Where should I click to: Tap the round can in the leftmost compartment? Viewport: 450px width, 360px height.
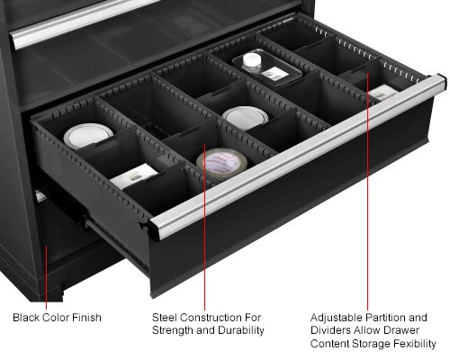(89, 138)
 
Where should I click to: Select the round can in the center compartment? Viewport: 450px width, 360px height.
(241, 117)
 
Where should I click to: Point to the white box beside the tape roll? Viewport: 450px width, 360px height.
(133, 177)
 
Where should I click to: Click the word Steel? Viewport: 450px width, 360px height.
(167, 317)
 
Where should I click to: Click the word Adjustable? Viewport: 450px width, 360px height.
(337, 317)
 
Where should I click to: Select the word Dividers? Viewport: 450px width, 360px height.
(331, 330)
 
